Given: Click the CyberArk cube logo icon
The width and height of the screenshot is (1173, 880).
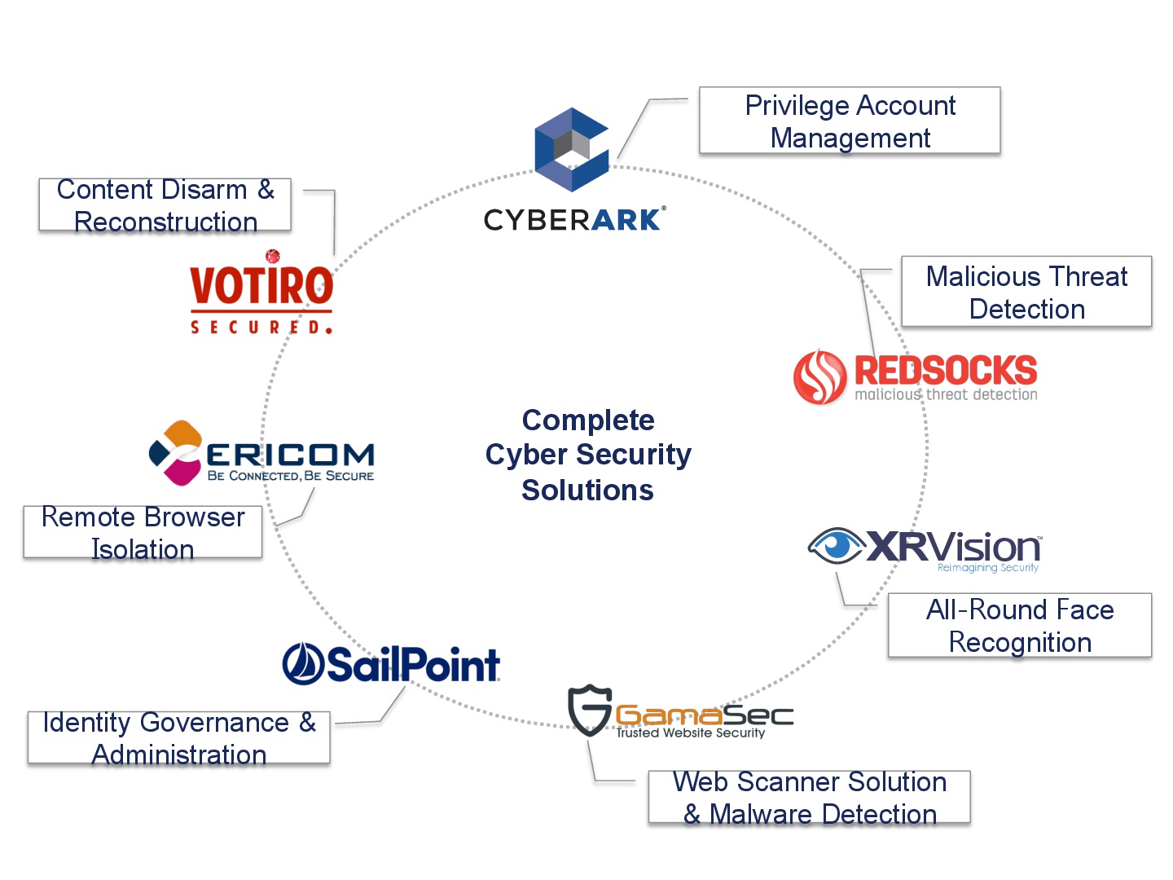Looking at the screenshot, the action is click(571, 150).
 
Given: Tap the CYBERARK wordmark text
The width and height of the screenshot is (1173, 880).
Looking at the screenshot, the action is click(574, 219).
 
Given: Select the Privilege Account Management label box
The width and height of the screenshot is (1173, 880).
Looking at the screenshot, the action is click(849, 121).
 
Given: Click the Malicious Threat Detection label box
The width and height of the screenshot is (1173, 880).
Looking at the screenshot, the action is click(1026, 292).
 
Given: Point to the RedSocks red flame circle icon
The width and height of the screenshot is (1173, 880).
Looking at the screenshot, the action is click(819, 376).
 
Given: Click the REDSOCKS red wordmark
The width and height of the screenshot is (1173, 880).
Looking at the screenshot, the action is click(946, 370).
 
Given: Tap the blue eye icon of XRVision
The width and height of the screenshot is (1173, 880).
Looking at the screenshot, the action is click(837, 546).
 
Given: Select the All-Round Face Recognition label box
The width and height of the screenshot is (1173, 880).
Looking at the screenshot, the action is click(1020, 625).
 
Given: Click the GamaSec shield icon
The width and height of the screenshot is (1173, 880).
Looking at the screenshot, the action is click(590, 710).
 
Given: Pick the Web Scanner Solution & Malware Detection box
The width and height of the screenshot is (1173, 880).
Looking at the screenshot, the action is click(809, 797).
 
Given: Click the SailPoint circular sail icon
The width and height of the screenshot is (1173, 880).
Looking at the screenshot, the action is click(303, 663).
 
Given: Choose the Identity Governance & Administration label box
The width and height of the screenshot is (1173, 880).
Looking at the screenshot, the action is click(179, 737).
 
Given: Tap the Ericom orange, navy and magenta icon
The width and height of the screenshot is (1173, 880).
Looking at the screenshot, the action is click(176, 453).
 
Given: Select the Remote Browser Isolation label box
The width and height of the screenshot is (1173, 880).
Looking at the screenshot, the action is click(143, 532).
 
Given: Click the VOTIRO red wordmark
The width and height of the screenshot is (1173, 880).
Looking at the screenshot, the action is click(261, 285).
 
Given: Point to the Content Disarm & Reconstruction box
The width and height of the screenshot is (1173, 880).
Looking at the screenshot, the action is click(165, 205).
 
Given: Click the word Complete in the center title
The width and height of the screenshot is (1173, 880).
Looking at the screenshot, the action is click(588, 420).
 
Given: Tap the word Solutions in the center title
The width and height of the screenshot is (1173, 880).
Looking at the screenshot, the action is click(587, 490).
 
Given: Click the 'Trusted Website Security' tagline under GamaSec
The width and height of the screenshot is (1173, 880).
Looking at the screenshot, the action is click(691, 733).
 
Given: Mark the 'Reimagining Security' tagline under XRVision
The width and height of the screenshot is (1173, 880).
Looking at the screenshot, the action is click(987, 567).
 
